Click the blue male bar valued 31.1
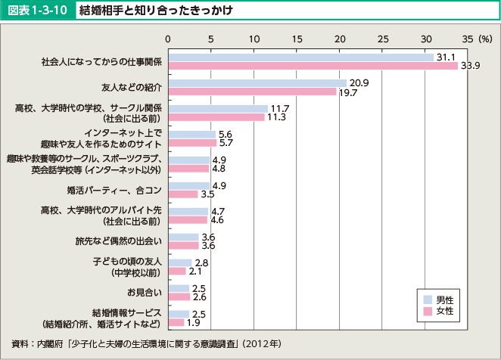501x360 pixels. click(300, 57)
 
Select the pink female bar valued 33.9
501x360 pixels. click(313, 66)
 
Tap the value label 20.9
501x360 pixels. click(359, 82)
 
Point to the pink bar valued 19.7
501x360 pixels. click(252, 92)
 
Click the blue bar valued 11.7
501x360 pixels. click(218, 109)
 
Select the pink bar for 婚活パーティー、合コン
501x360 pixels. click(182, 194)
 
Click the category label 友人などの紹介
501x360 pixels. click(132, 87)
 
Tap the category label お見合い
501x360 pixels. click(145, 292)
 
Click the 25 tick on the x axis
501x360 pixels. click(384, 38)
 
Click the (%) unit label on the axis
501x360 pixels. click(485, 38)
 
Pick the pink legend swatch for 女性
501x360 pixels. click(428, 310)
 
